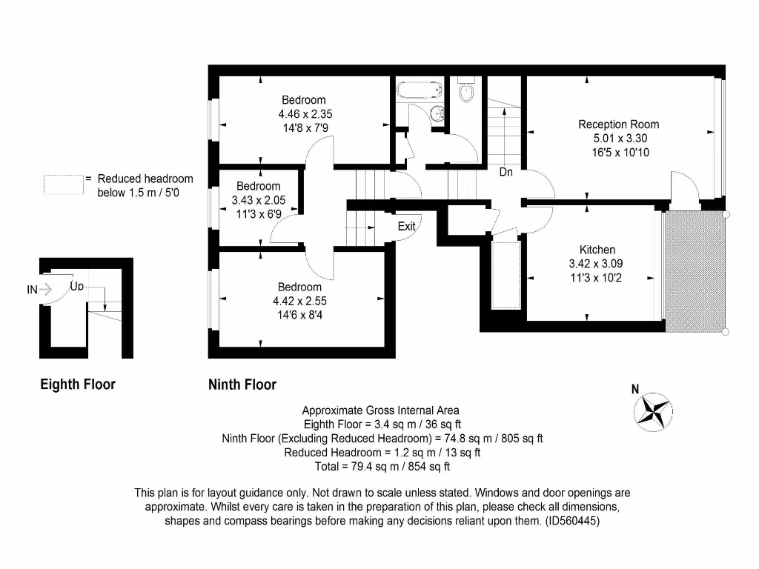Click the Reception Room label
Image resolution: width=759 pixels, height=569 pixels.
tap(618, 124)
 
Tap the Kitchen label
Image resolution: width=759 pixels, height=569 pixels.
tap(597, 250)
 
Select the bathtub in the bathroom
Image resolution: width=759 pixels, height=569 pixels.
tap(419, 91)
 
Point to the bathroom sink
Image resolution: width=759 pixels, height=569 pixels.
tap(438, 114)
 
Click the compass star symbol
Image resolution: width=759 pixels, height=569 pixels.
tap(654, 412)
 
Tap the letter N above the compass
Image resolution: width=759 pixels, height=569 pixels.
tap(634, 389)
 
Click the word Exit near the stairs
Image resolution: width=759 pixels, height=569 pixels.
tap(406, 226)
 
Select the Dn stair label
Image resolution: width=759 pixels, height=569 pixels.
tap(506, 173)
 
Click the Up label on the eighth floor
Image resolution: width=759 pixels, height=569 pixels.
tap(77, 286)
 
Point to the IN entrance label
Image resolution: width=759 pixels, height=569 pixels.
tap(32, 290)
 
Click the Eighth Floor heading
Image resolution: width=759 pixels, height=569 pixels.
tap(78, 385)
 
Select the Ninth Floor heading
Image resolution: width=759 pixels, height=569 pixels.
tap(242, 385)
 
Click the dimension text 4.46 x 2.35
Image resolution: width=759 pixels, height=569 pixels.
tap(303, 114)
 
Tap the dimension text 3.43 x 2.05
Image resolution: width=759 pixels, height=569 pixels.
tap(258, 200)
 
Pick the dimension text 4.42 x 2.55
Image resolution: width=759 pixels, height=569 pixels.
tap(299, 301)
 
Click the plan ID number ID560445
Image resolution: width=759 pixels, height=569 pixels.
tap(571, 521)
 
